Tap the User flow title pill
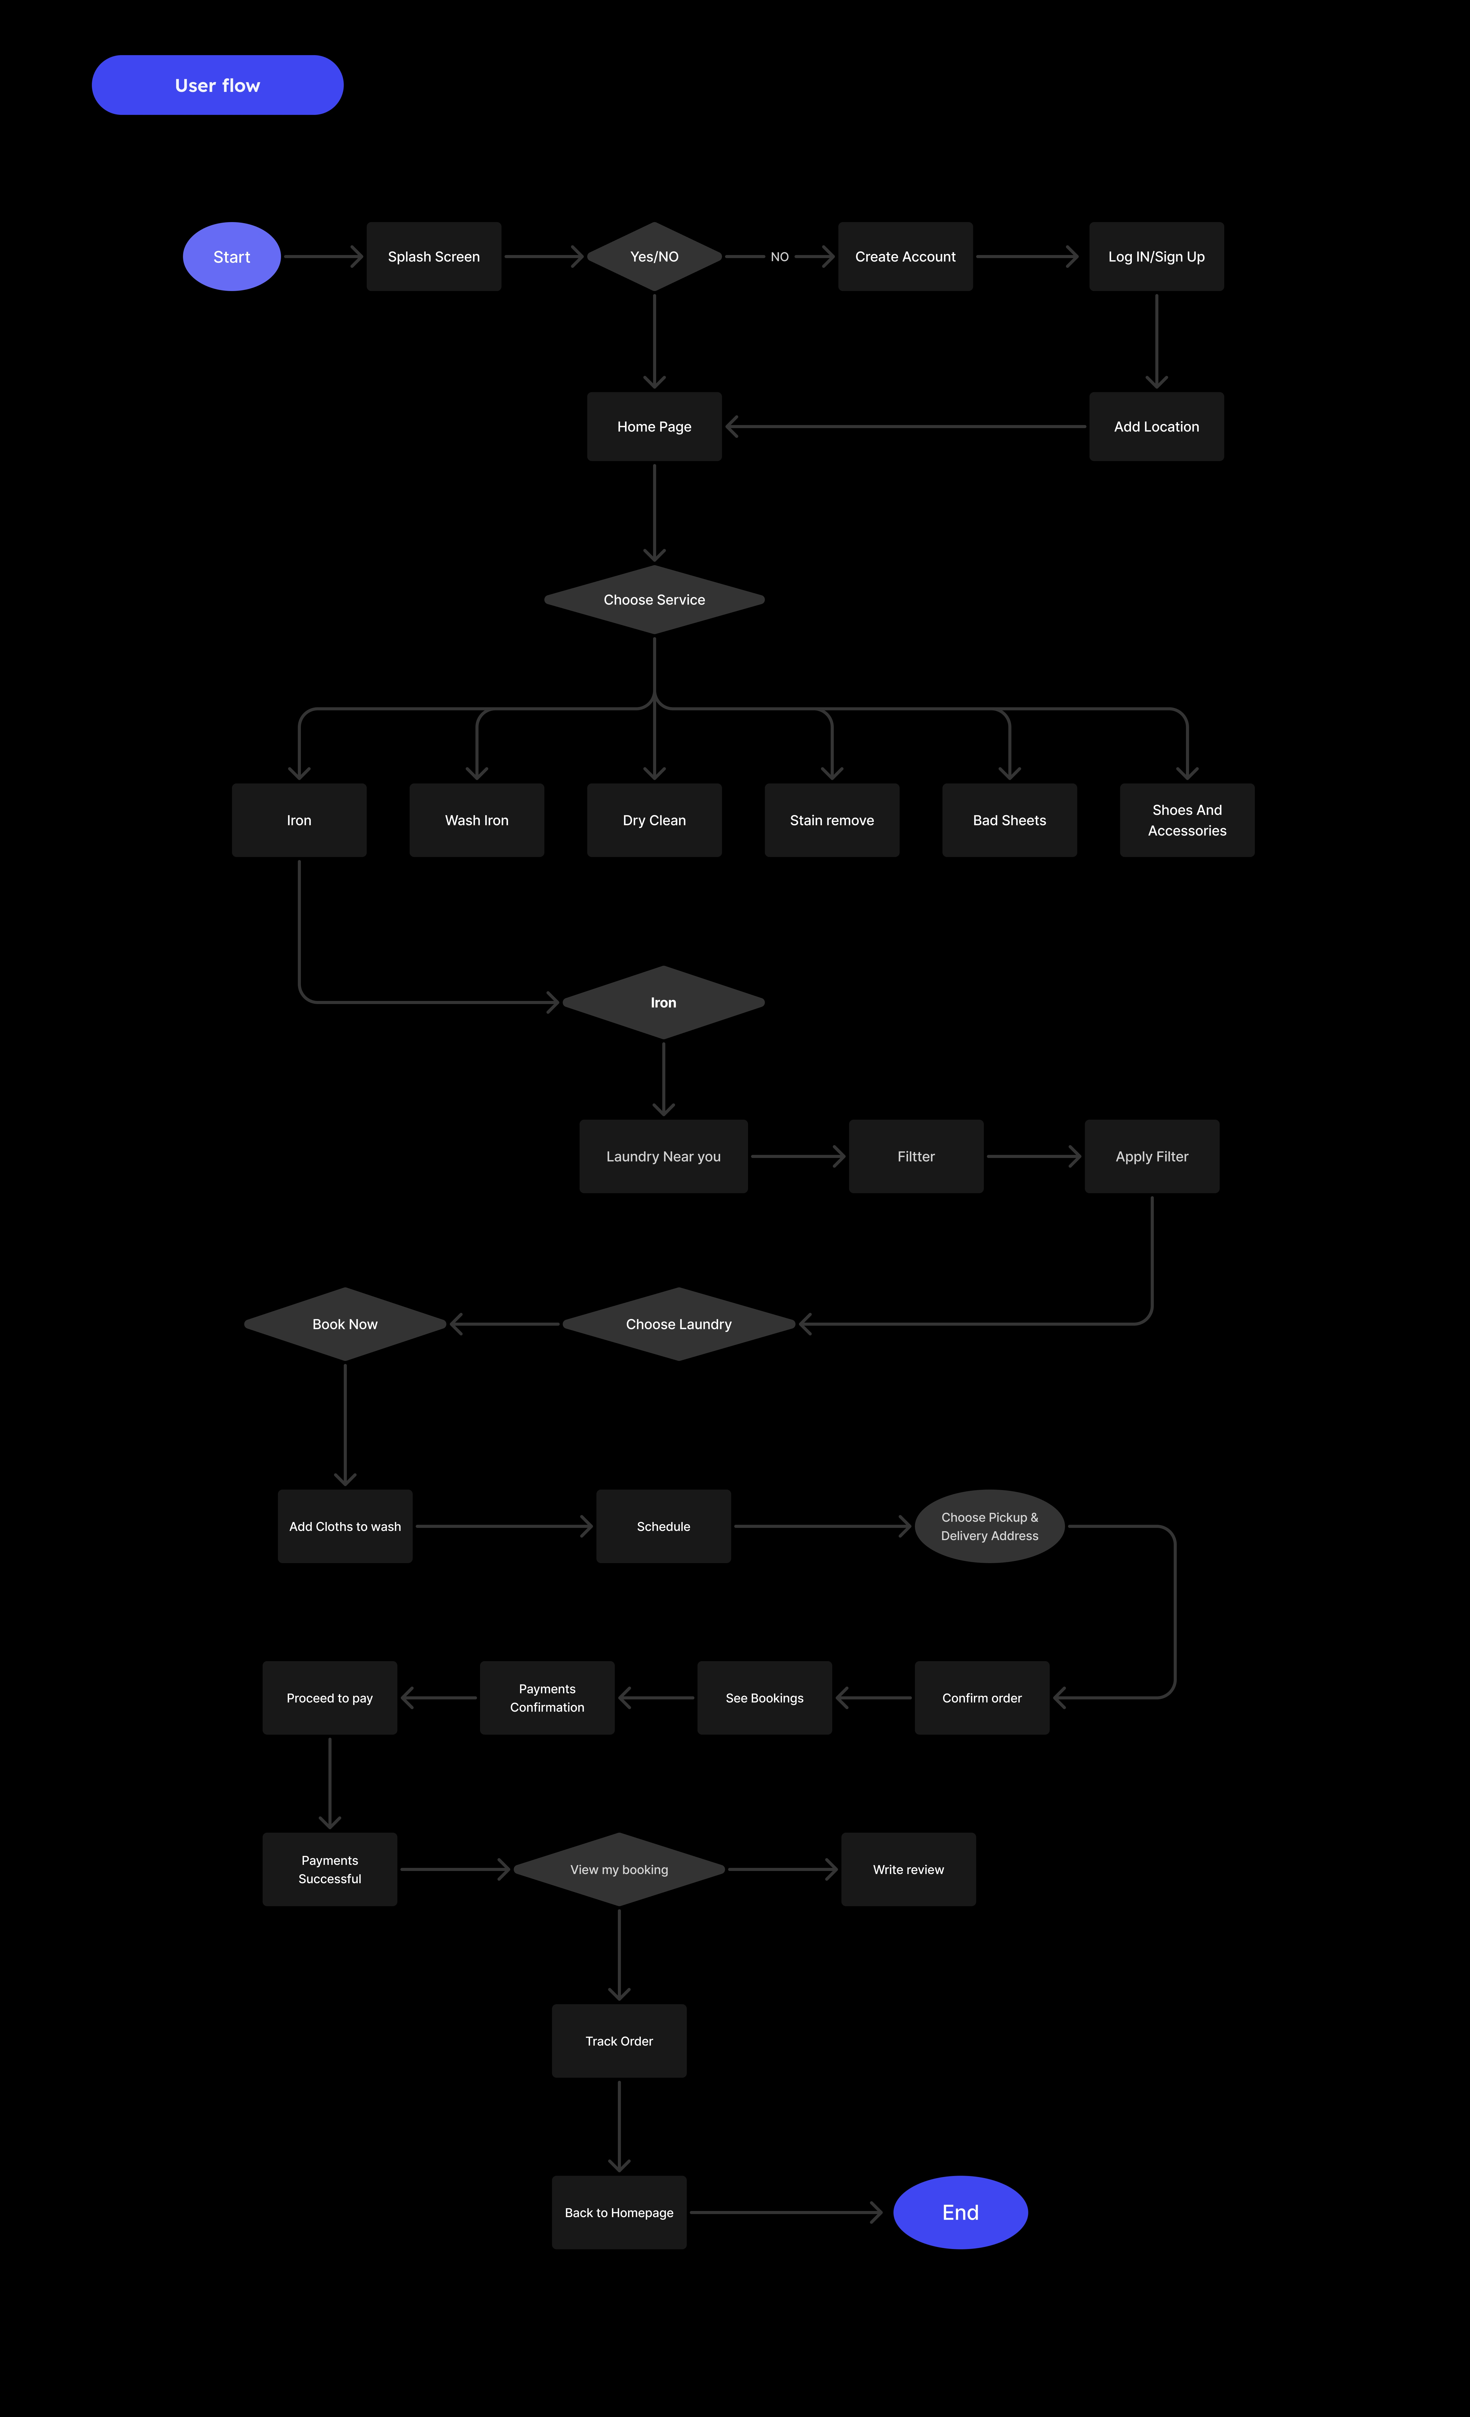point(218,85)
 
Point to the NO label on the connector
point(780,257)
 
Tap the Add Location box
point(1156,427)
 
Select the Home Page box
point(654,427)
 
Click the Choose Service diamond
point(654,599)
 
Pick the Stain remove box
point(831,820)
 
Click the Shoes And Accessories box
point(1186,820)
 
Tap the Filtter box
point(916,1156)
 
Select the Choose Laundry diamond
point(679,1324)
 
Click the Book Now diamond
point(345,1324)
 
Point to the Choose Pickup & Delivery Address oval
point(989,1526)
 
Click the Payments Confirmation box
point(547,1698)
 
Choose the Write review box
point(908,1870)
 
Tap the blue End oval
point(960,2213)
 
